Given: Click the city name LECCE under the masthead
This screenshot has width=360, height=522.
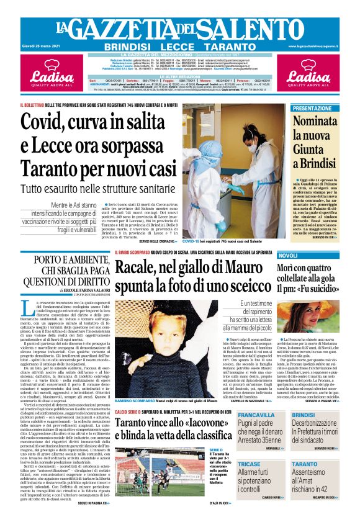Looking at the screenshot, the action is (179, 47).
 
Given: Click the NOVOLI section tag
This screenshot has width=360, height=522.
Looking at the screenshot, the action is (288, 256).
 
